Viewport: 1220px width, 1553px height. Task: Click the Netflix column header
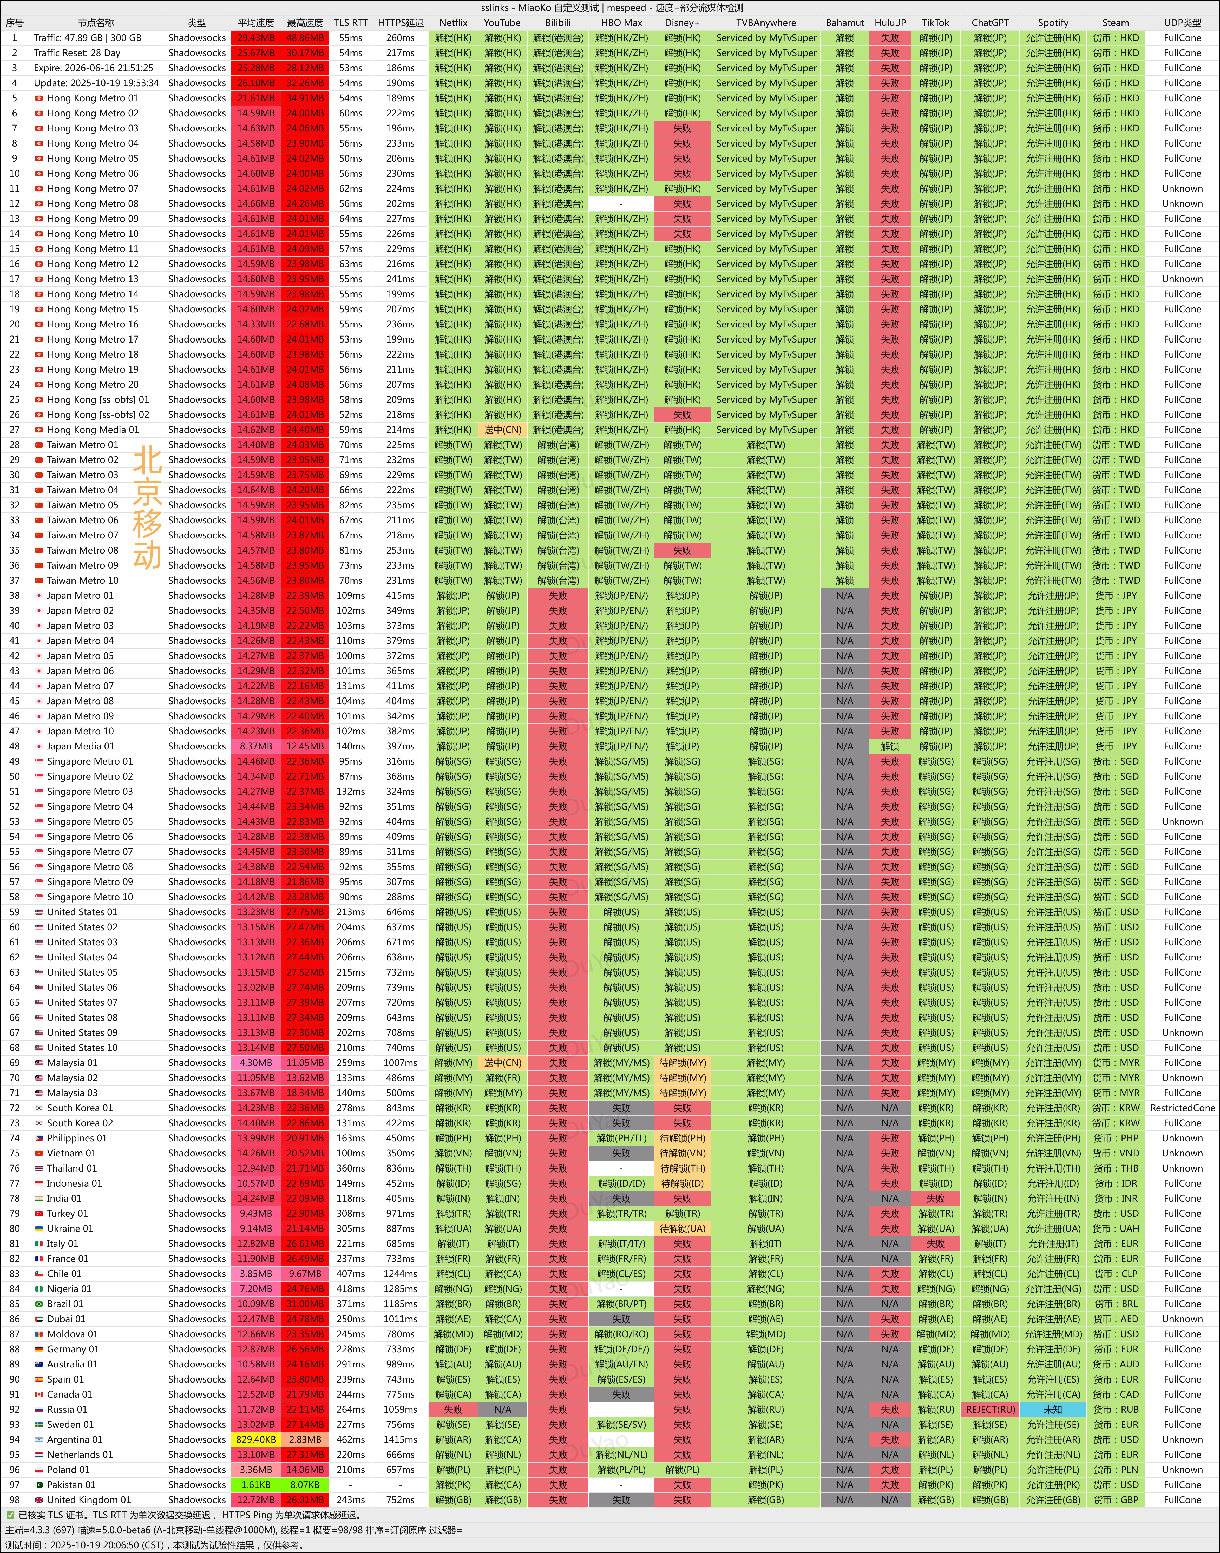(x=453, y=23)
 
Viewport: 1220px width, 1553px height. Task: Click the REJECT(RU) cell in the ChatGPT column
(x=990, y=1410)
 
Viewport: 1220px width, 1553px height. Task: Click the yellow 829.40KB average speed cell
(x=256, y=1439)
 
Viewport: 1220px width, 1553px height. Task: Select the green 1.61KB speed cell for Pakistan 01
(x=256, y=1484)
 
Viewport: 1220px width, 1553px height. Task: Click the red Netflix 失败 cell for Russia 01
(x=453, y=1410)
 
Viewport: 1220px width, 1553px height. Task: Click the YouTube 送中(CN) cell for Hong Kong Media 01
(x=502, y=430)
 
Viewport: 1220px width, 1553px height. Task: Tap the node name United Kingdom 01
(x=89, y=1499)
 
